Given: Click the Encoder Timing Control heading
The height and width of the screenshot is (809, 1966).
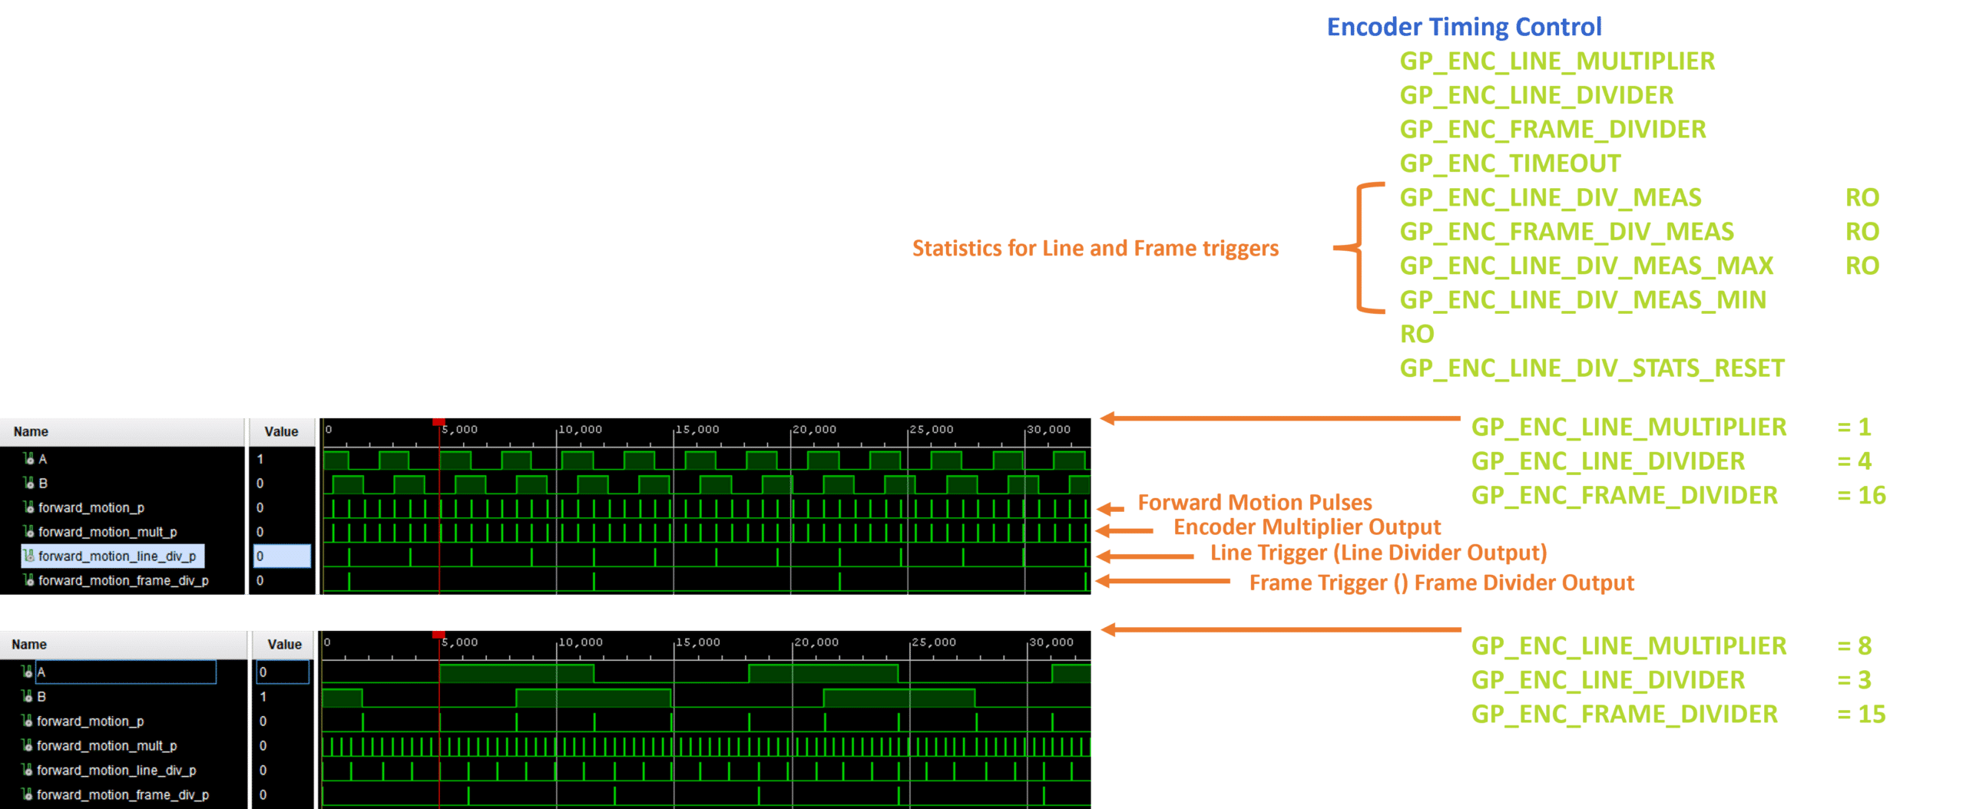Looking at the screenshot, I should tap(1464, 28).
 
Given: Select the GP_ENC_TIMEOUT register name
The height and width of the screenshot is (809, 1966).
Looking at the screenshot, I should tap(1510, 163).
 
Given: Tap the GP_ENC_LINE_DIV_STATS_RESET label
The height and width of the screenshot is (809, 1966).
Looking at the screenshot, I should tap(1591, 368).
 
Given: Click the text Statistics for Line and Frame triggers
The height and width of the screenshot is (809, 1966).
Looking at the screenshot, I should tap(1095, 249).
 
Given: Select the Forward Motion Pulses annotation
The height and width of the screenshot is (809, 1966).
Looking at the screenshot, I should tap(1254, 503).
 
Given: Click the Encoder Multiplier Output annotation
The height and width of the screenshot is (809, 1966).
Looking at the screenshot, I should tap(1307, 527).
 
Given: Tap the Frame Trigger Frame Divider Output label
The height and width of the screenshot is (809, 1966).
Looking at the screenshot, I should tap(1441, 583).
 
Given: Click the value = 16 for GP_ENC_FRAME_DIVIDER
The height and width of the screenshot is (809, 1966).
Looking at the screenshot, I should tap(1862, 496).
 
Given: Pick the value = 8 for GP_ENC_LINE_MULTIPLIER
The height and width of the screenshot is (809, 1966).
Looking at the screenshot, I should tap(1855, 646).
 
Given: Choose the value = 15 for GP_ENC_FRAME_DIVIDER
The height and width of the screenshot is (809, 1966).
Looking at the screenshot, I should tap(1862, 715).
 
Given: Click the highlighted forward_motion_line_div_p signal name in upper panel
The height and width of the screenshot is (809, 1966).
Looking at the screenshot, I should tap(117, 556).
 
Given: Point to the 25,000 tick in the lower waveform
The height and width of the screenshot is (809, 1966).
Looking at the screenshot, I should tap(934, 642).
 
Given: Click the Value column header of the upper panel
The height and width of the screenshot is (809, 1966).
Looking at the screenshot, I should tap(281, 432).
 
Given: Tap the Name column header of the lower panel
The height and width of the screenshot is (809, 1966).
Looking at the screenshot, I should tap(29, 645).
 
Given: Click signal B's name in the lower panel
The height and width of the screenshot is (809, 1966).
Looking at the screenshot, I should tap(41, 697).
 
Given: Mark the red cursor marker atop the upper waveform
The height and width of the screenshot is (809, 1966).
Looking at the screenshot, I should tap(439, 421).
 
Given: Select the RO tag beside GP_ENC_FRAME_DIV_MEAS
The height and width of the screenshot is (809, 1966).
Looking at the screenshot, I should tap(1862, 232).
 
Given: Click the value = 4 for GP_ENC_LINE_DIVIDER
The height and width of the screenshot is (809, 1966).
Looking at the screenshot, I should tap(1855, 461).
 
